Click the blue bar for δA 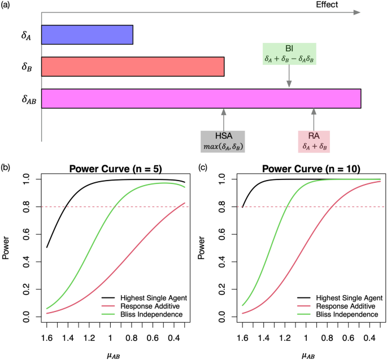tap(87, 35)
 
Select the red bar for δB tap(133, 67)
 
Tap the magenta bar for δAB tap(201, 98)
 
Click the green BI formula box tap(289, 54)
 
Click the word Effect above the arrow tap(328, 5)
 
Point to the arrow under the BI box tap(289, 76)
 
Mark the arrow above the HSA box tap(224, 120)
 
